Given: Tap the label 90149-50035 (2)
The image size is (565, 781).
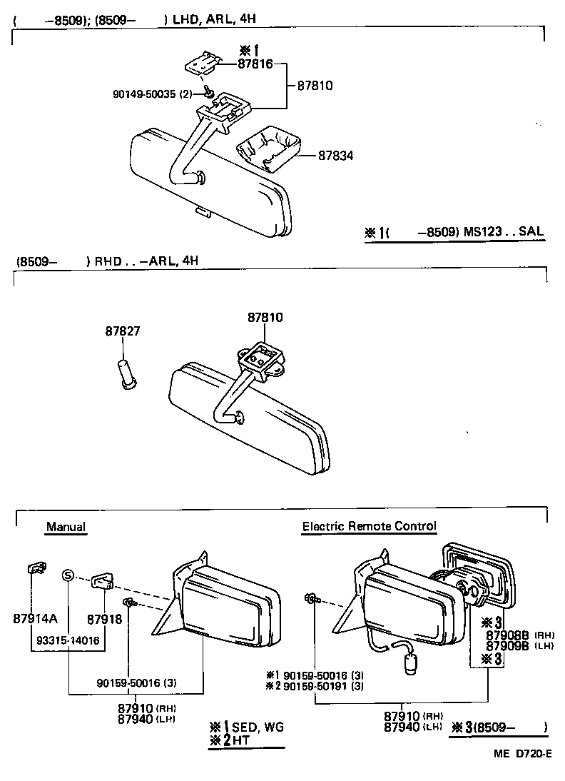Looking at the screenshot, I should [152, 94].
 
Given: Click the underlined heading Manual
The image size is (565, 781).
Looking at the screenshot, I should [66, 527].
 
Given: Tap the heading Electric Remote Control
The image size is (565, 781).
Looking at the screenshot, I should [369, 527].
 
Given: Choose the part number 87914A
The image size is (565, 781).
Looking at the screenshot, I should [35, 618].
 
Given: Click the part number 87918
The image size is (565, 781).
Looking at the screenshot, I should [105, 618].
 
